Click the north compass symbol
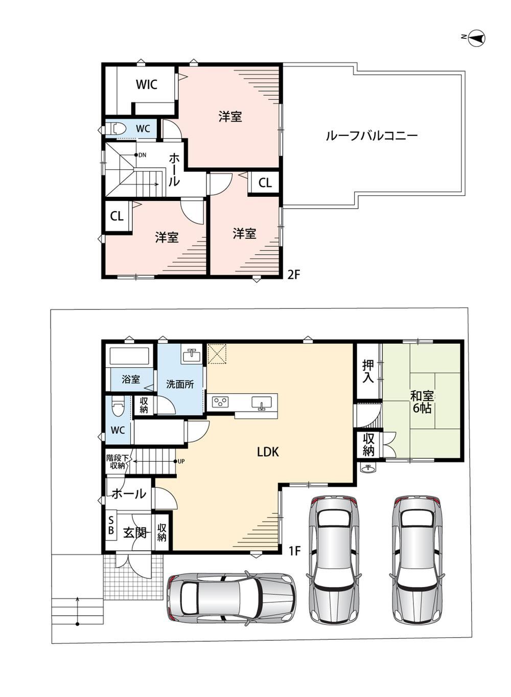point(476,38)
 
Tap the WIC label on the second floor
point(146,84)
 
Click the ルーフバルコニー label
point(371,136)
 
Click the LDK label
point(268,452)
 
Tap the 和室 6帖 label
point(422,402)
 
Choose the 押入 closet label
point(367,371)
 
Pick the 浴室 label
point(131,379)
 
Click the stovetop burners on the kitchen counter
point(220,401)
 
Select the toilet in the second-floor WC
point(115,128)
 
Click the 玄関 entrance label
point(135,533)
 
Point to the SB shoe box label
point(111,525)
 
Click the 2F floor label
point(293,275)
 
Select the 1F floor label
point(294,551)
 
